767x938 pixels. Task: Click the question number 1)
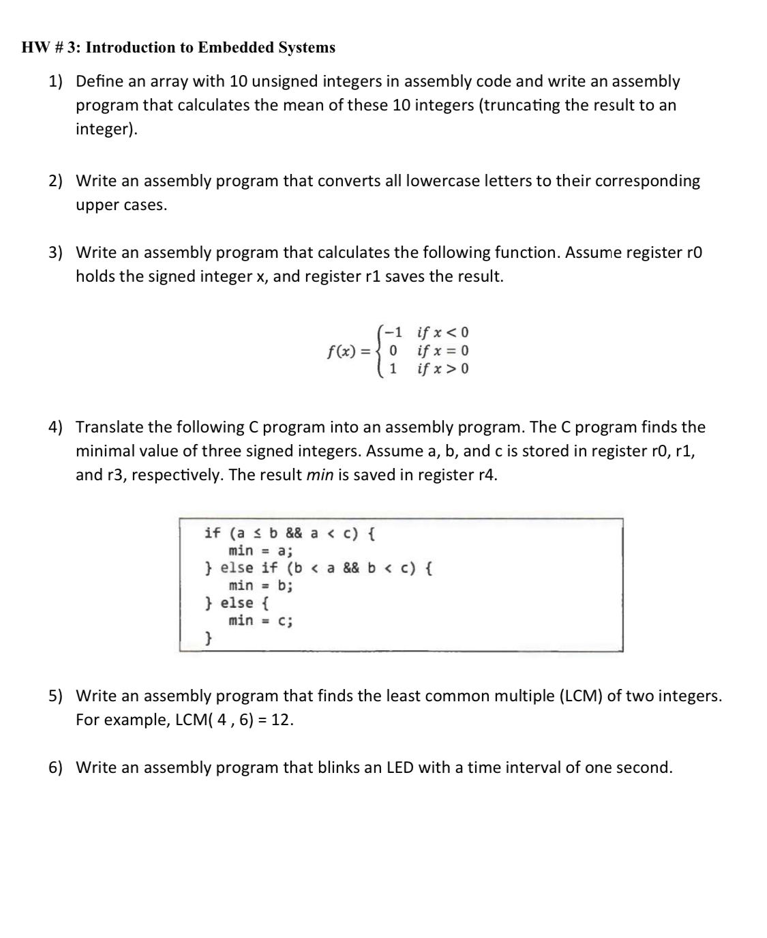55,82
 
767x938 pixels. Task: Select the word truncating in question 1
522,106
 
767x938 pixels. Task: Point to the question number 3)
55,253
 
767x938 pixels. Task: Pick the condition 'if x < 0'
443,333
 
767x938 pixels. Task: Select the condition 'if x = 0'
443,351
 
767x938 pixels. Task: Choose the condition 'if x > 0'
443,369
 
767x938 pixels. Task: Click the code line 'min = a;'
260,551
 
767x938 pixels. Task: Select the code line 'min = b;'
260,585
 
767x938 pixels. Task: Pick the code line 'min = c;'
260,620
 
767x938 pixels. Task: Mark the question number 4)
55,428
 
